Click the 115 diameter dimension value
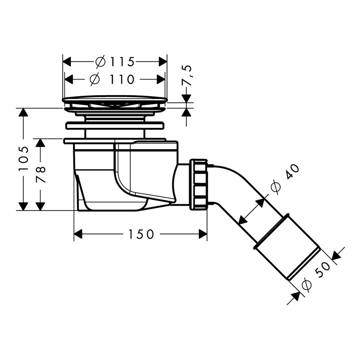[122, 62]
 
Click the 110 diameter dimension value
[121, 79]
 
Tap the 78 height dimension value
[40, 175]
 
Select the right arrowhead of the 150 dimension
[202, 234]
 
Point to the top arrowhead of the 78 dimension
[40, 143]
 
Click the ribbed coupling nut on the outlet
[198, 184]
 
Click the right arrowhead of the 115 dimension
[162, 62]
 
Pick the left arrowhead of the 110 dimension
[70, 79]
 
